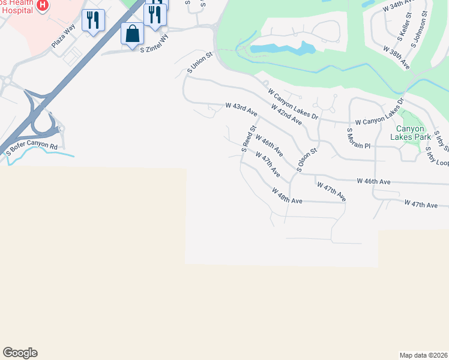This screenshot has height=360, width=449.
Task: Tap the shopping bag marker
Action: pyautogui.click(x=132, y=34)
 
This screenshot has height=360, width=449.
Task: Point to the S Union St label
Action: pyautogui.click(x=200, y=63)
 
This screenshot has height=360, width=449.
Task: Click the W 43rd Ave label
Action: pyautogui.click(x=241, y=109)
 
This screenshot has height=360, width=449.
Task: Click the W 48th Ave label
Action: pyautogui.click(x=286, y=196)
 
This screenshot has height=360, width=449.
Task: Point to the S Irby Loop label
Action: pyautogui.click(x=438, y=157)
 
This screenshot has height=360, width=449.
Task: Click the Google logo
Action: pyautogui.click(x=20, y=353)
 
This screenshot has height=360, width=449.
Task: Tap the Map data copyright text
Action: pyautogui.click(x=424, y=355)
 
